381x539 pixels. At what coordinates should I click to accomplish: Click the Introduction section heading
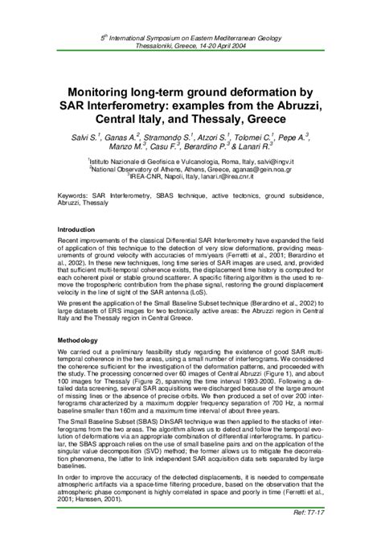click(81, 230)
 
